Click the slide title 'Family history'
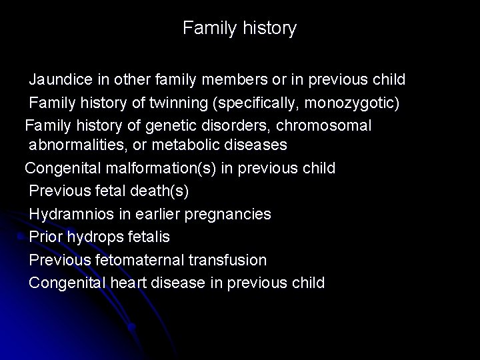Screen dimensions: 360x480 pos(239,28)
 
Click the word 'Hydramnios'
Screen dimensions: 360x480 pos(69,214)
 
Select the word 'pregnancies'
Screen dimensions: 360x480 pos(232,214)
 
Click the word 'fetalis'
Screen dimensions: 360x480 pos(147,237)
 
